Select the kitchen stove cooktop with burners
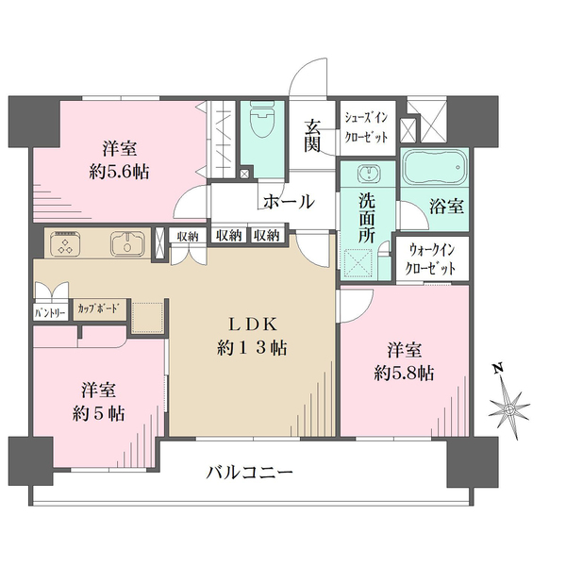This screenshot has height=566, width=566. pyautogui.click(x=65, y=244)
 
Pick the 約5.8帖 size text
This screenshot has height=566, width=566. pyautogui.click(x=403, y=372)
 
